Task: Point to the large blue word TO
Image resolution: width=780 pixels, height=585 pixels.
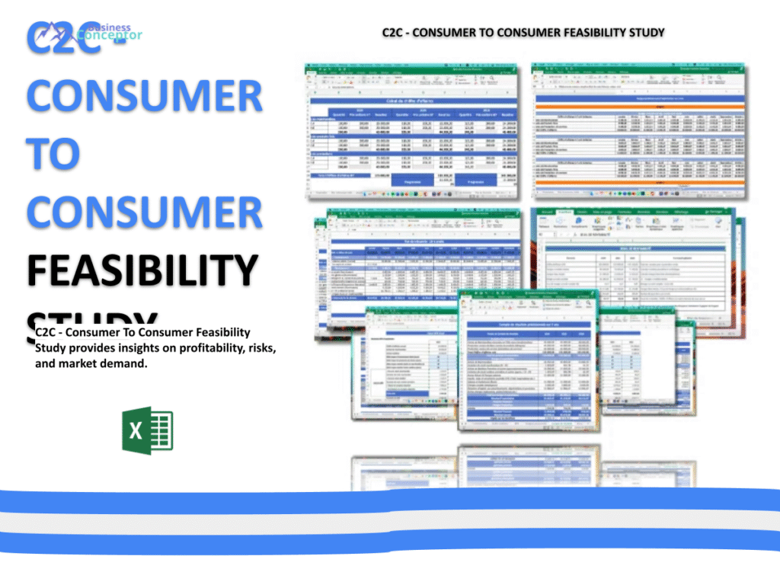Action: tap(53, 152)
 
